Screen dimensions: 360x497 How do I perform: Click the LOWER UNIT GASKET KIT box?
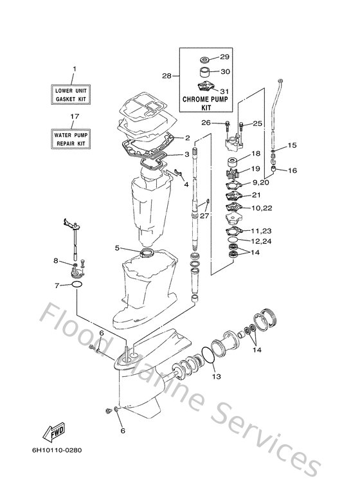pyautogui.click(x=71, y=95)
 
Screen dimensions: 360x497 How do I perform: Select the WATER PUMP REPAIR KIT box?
pyautogui.click(x=71, y=139)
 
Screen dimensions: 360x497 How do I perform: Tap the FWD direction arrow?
pyautogui.click(x=54, y=432)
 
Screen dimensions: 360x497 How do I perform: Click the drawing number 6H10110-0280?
pyautogui.click(x=57, y=450)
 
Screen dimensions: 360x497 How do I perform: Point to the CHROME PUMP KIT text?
pyautogui.click(x=206, y=104)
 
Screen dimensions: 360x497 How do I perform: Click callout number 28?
pyautogui.click(x=166, y=76)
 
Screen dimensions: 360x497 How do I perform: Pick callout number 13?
pyautogui.click(x=217, y=377)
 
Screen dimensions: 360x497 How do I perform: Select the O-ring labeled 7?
pyautogui.click(x=77, y=284)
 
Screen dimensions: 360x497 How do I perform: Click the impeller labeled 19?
pyautogui.click(x=232, y=175)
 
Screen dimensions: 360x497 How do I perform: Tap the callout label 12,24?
pyautogui.click(x=261, y=241)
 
